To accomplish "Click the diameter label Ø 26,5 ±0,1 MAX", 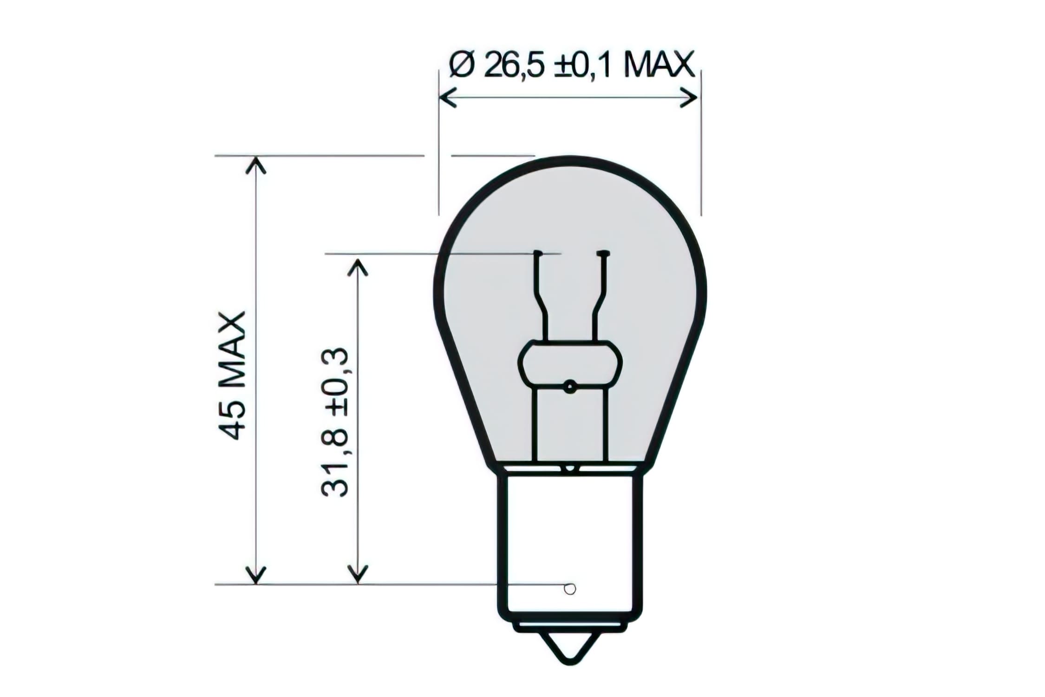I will [571, 65].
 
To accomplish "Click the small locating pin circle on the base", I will [569, 589].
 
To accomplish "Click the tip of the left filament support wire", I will [538, 253].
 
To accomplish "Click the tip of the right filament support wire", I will [603, 253].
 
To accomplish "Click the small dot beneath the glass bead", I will [569, 386].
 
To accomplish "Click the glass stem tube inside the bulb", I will [570, 427].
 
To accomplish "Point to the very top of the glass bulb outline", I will [570, 158].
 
